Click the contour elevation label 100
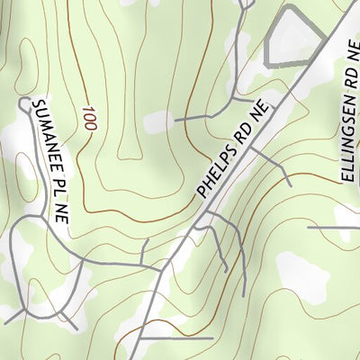(88, 120)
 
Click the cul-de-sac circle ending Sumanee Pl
(24, 104)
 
